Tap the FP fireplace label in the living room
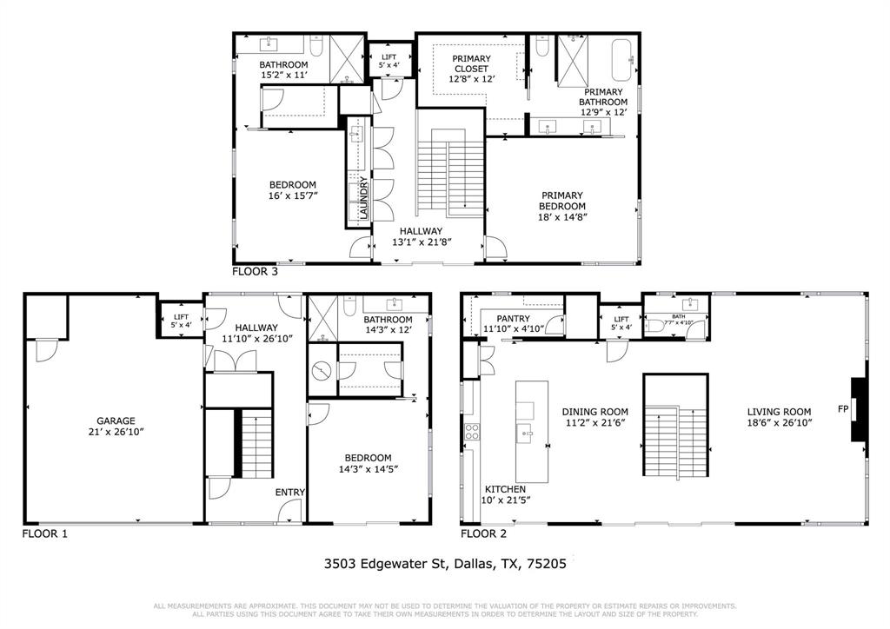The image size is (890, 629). [842, 408]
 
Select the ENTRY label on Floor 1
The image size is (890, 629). [290, 493]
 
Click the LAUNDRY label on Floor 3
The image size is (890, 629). [364, 197]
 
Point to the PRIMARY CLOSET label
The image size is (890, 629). [471, 63]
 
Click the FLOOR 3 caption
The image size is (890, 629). [255, 271]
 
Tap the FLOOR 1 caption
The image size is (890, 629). [44, 533]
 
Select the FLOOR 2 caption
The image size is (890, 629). [483, 533]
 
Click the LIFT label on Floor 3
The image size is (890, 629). [387, 56]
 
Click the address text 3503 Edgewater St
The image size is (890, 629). [384, 563]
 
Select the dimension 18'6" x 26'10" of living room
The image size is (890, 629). [780, 423]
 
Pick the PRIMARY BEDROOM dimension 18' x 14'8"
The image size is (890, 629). [562, 217]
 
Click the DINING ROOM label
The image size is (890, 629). [594, 412]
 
